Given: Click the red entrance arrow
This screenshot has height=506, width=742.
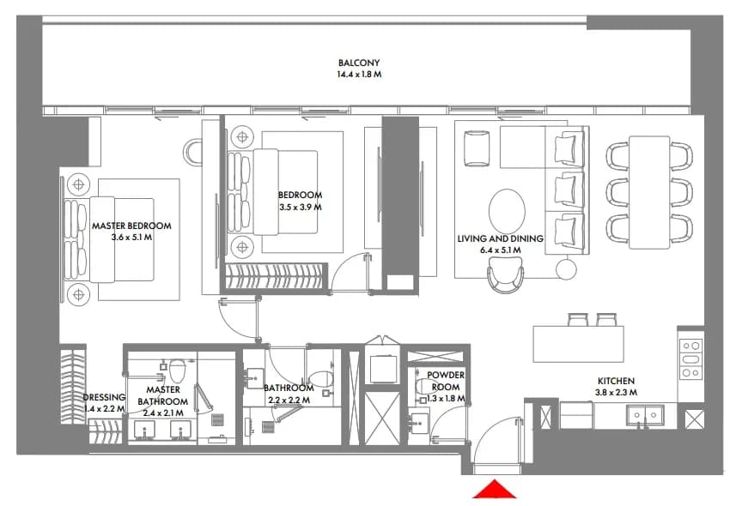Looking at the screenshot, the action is point(495,490).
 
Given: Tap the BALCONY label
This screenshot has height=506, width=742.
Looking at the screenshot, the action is point(359,63).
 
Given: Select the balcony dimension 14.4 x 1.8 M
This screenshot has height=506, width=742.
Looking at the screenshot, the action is point(359,74).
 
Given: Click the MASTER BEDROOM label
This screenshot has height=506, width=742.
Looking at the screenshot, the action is point(131,226).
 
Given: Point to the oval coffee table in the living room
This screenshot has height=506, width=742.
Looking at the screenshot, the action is point(507,211).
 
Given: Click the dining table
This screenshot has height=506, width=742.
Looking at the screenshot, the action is point(649,192).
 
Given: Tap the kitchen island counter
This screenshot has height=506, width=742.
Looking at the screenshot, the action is point(578,343).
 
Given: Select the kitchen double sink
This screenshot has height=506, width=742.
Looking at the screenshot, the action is point(645,415).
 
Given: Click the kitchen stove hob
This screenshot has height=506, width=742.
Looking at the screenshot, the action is point(690,359).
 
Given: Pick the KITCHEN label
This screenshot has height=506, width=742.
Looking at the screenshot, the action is point(616,381).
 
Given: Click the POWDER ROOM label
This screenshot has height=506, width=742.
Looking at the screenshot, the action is point(446,381).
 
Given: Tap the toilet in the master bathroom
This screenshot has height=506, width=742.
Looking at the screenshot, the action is point(178,370).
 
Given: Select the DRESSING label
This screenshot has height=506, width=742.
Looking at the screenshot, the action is point(104,397).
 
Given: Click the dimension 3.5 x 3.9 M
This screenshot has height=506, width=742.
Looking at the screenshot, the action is point(301,207).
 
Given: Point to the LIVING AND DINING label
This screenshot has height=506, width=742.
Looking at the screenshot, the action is point(500,238).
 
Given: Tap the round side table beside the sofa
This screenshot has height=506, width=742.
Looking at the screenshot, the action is point(567,269).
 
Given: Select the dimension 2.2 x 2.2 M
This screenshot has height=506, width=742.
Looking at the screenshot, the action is point(289,401).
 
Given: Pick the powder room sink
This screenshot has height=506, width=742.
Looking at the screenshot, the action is point(419,423).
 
